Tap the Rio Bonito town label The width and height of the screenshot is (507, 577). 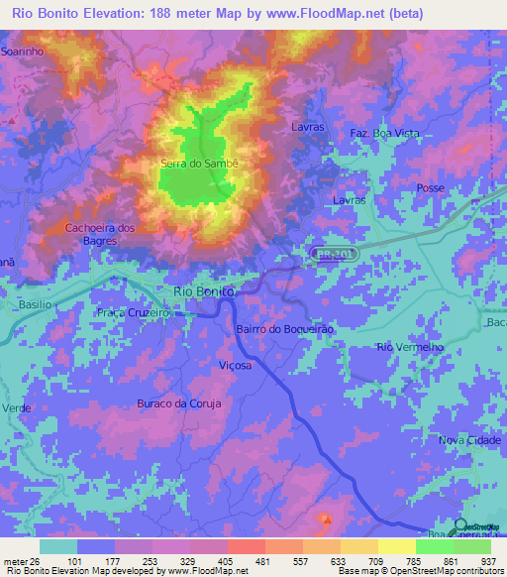[204, 291]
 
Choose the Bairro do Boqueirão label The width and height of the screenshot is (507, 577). [287, 328]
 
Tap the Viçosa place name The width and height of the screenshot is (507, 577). [236, 365]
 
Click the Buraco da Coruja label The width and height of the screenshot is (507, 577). [178, 404]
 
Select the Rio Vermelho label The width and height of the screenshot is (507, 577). [406, 346]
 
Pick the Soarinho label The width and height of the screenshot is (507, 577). [21, 49]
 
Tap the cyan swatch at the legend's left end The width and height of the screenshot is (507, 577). [57, 546]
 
